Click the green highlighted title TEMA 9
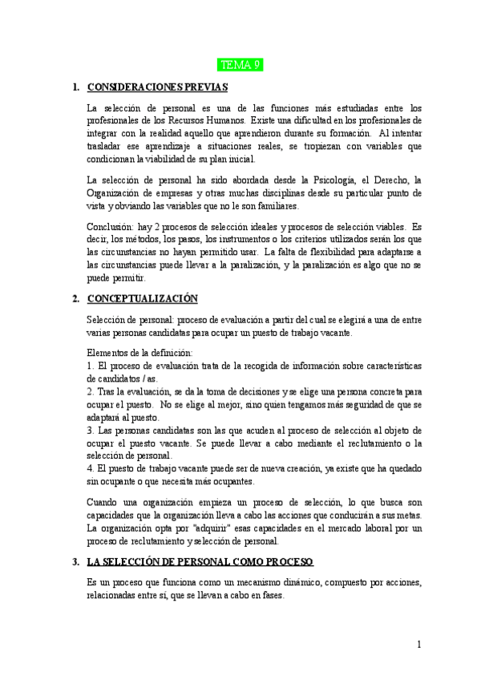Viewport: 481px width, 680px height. pos(241,65)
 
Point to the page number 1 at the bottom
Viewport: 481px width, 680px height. pos(419,644)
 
